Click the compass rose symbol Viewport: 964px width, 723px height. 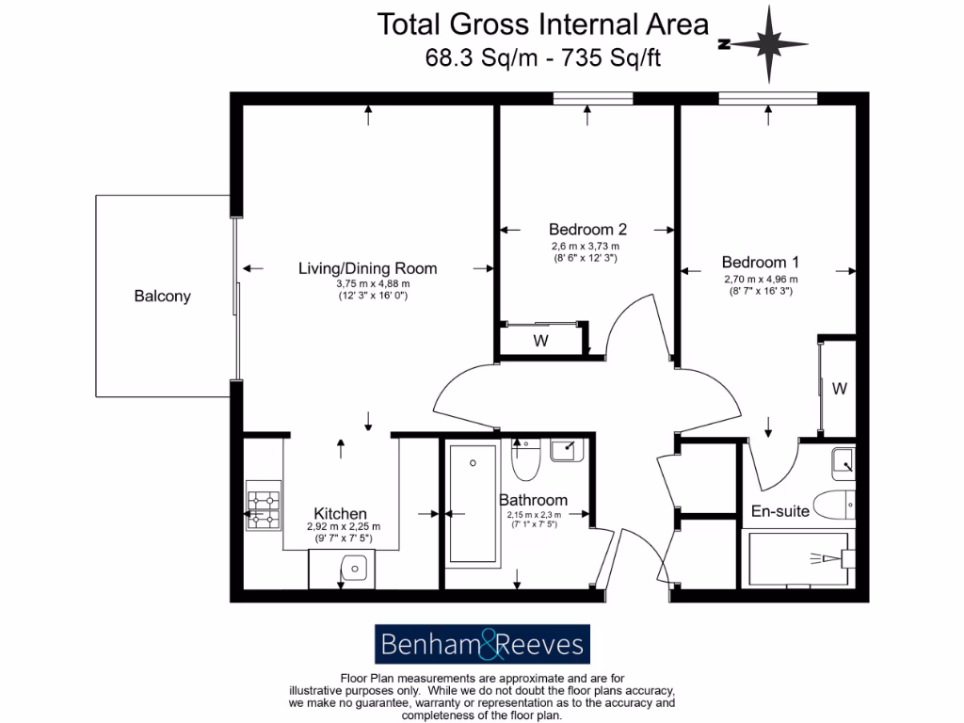(770, 43)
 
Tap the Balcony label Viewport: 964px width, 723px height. (162, 296)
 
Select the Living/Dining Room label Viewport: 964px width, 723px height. (367, 268)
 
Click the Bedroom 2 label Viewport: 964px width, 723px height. (587, 229)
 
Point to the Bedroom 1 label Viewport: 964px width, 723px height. (761, 263)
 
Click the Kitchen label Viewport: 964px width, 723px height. (340, 513)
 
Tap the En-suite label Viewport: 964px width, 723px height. (779, 512)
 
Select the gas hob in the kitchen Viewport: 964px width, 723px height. (264, 508)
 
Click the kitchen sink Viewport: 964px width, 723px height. (354, 568)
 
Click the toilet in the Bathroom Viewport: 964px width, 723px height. (523, 460)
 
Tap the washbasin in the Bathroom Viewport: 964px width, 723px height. (567, 450)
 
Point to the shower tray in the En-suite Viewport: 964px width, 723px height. (800, 559)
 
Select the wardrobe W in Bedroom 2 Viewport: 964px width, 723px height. (541, 341)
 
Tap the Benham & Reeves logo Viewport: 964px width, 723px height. (482, 646)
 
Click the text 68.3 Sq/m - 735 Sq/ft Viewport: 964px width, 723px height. (543, 58)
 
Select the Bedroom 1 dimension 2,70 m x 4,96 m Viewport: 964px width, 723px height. (761, 280)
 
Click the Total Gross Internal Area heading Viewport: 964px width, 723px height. (543, 24)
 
